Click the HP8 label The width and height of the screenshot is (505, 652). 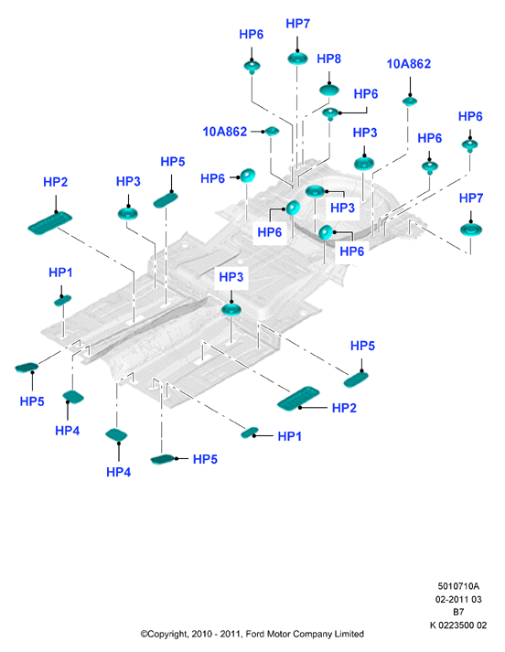(328, 59)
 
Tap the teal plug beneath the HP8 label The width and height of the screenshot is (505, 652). (329, 90)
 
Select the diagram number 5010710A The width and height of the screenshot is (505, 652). (458, 586)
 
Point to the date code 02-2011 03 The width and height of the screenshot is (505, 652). (458, 599)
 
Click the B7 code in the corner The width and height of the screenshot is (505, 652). (458, 612)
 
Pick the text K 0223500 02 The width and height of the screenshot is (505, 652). (458, 625)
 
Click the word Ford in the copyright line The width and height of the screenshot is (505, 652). (255, 634)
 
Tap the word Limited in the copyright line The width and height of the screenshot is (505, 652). (349, 634)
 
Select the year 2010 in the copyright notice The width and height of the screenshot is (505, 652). (200, 634)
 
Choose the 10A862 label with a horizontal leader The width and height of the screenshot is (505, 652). (225, 132)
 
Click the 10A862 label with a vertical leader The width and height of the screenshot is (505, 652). (409, 64)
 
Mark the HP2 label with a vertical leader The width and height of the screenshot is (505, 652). (55, 182)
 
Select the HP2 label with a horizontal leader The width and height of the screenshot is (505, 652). (344, 408)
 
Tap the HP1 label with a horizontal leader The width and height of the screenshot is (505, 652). (289, 436)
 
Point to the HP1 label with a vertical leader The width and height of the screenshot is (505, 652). (60, 273)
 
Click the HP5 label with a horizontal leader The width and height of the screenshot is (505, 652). (205, 459)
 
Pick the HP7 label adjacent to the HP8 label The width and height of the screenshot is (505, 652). (298, 24)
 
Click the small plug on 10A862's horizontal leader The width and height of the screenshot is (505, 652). (272, 132)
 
